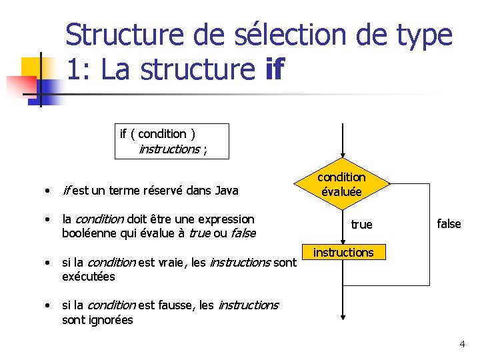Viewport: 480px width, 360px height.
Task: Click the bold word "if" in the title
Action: [x=274, y=69]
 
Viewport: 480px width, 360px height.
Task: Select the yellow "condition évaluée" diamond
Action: [x=341, y=185]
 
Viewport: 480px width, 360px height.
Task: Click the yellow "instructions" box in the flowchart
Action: [x=343, y=253]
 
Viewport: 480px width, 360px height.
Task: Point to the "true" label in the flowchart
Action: [x=361, y=225]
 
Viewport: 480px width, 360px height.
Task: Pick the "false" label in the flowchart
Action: [x=449, y=224]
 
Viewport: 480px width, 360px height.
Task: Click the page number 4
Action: [x=462, y=344]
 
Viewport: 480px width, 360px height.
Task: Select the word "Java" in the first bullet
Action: [x=227, y=191]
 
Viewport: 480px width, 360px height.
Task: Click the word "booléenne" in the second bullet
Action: [x=85, y=233]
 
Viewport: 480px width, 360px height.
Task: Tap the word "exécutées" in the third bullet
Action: [x=89, y=276]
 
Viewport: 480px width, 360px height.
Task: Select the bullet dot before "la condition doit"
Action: [x=47, y=219]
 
